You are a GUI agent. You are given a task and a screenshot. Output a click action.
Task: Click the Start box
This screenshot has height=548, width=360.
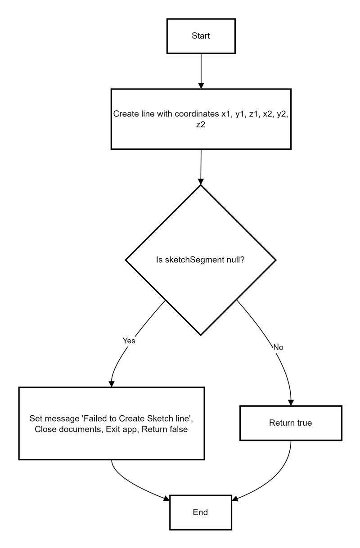201,36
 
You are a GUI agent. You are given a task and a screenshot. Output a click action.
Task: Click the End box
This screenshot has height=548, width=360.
201,512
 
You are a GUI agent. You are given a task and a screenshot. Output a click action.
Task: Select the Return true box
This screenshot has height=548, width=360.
290,423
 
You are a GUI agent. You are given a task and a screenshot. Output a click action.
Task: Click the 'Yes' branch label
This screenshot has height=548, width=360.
129,341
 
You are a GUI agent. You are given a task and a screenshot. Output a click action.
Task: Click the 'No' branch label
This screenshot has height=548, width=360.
279,347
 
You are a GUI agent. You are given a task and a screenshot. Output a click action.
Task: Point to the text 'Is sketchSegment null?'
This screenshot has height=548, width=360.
201,260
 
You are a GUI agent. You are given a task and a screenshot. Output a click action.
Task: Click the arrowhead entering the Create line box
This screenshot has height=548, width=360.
201,85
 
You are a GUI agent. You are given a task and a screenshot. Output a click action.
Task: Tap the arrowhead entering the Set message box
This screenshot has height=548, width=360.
111,383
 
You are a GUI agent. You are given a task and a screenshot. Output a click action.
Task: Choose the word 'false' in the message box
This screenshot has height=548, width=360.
178,429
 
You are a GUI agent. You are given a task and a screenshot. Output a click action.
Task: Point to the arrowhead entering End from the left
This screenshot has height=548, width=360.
166,498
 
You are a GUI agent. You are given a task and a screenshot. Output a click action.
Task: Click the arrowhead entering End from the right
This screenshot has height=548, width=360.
235,498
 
